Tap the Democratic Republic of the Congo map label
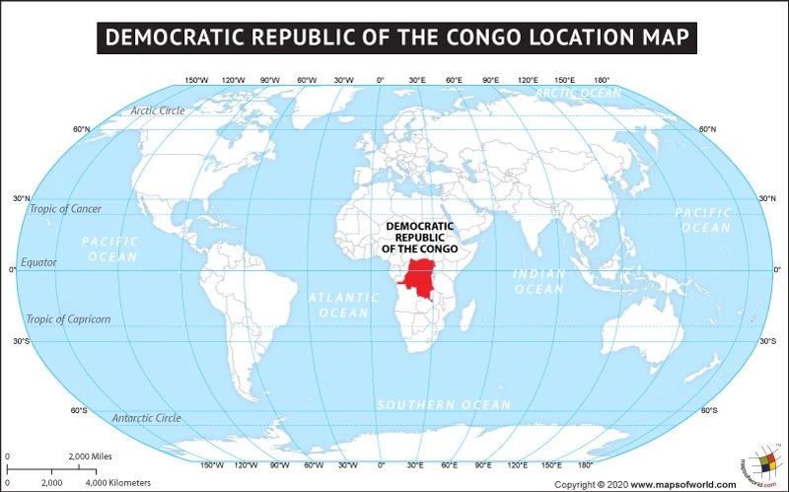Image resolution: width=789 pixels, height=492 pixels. pos(419,238)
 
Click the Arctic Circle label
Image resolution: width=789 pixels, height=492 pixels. pos(158,110)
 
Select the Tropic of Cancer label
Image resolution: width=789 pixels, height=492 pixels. pos(65,209)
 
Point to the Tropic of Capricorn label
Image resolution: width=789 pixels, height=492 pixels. pos(68,319)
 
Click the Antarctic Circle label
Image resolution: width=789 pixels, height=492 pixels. pos(146,418)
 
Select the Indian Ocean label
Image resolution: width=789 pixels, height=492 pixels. pos(539,281)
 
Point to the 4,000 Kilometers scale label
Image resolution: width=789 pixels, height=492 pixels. pos(118,483)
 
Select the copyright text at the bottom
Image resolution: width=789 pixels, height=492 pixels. pos(645,484)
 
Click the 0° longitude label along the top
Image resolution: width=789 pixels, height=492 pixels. pos(381,80)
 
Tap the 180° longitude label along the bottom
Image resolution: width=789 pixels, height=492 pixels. pos(585,464)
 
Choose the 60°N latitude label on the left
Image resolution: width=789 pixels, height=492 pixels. pos(81,130)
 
